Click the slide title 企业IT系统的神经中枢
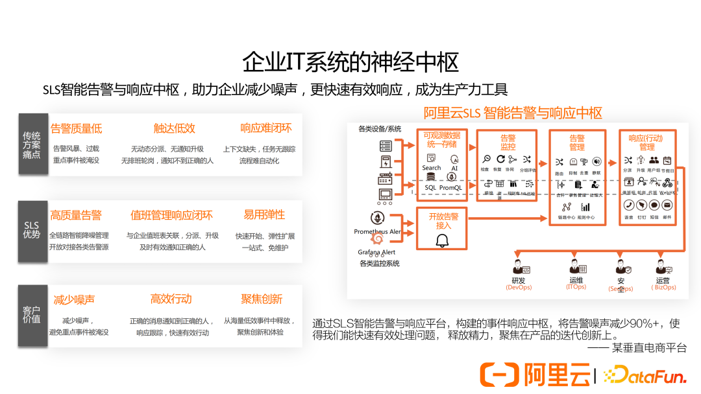coord(350,62)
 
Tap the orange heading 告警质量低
coord(76,128)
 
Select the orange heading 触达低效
coord(174,128)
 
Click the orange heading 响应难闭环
coord(266,128)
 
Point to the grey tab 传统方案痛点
coord(32,145)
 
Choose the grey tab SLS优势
coord(32,230)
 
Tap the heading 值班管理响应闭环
coord(171,215)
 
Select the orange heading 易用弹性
coord(264,214)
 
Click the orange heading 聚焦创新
coord(262,299)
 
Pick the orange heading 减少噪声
coord(74,300)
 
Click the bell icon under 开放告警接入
coord(443,241)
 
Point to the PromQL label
coord(450,188)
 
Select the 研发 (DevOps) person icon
coord(519,267)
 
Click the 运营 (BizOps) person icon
coord(662,267)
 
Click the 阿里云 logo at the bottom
coord(535,375)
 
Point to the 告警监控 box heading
coord(508,143)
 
